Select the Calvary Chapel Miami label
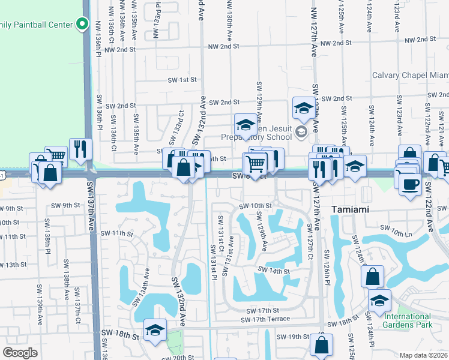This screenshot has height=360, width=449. [x=411, y=75]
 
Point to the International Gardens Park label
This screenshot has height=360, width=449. [x=408, y=320]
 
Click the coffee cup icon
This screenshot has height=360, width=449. [x=410, y=182]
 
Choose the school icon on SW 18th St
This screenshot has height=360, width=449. [x=155, y=330]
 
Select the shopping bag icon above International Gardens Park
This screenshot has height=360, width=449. [x=372, y=277]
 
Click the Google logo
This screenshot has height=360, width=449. [x=20, y=353]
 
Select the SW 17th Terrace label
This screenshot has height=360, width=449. [x=268, y=319]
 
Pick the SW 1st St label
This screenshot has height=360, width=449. [x=182, y=80]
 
